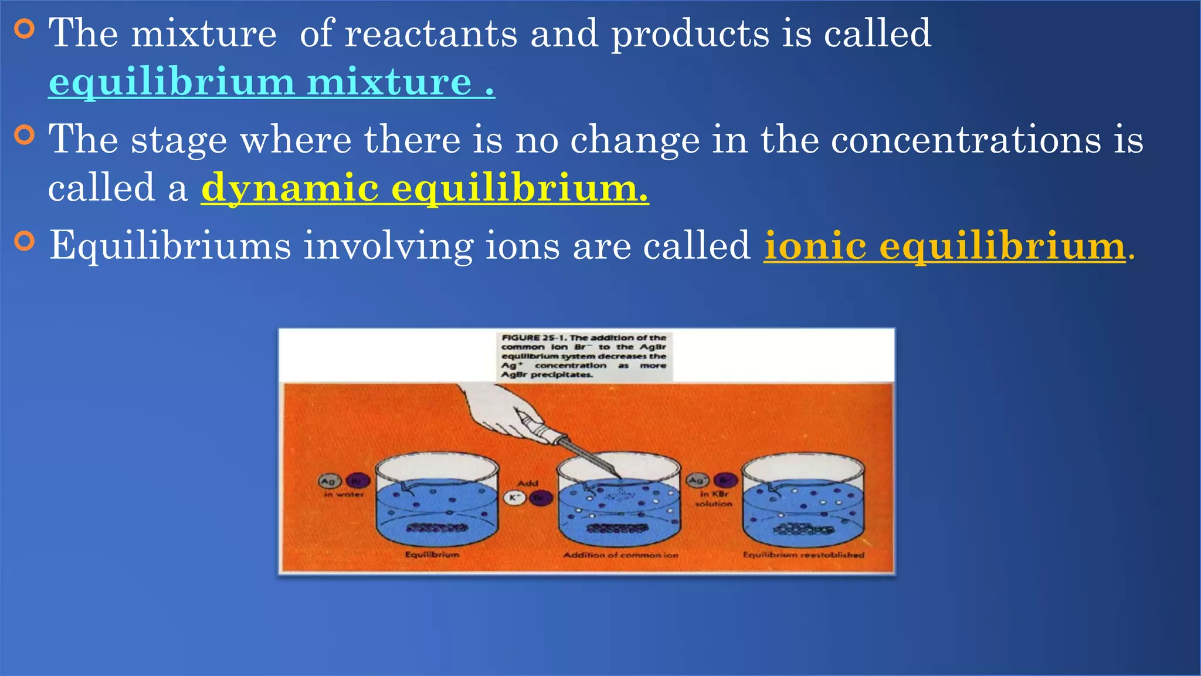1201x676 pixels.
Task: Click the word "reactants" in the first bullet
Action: point(430,33)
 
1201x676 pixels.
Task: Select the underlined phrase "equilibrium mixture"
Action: point(271,82)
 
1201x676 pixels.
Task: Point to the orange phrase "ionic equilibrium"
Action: point(944,245)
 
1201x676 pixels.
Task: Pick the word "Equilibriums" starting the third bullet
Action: point(170,245)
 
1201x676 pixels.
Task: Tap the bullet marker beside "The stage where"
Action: point(24,135)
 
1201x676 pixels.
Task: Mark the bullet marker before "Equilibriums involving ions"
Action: point(24,241)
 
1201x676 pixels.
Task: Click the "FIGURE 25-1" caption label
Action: point(534,338)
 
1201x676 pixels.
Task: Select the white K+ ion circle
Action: point(514,498)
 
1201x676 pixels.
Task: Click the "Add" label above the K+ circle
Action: point(527,483)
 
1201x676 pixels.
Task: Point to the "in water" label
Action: point(344,495)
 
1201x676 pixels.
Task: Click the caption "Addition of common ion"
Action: point(620,555)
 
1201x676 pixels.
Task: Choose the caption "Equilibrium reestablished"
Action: point(803,555)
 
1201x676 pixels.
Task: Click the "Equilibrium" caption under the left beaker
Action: point(432,555)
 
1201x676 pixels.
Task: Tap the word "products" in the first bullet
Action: point(690,33)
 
